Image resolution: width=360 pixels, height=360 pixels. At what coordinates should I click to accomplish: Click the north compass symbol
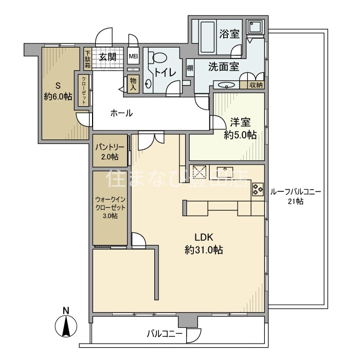[66, 325]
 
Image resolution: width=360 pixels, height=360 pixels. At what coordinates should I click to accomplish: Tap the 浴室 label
[229, 34]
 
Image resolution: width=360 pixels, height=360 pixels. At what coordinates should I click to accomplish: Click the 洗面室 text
[223, 66]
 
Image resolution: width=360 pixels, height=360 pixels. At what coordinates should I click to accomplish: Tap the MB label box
[133, 57]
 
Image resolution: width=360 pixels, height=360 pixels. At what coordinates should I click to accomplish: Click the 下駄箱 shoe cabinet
[88, 58]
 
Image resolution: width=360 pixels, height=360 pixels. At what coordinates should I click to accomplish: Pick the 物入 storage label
[133, 84]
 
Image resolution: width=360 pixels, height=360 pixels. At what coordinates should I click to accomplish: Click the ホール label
[122, 113]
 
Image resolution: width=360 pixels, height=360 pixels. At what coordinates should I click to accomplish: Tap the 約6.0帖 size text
[58, 96]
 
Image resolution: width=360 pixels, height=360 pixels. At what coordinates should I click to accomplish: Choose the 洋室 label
[240, 122]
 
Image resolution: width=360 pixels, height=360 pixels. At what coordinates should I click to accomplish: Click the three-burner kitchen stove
[257, 190]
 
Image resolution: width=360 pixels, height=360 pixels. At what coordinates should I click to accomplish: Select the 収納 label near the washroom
[256, 85]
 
